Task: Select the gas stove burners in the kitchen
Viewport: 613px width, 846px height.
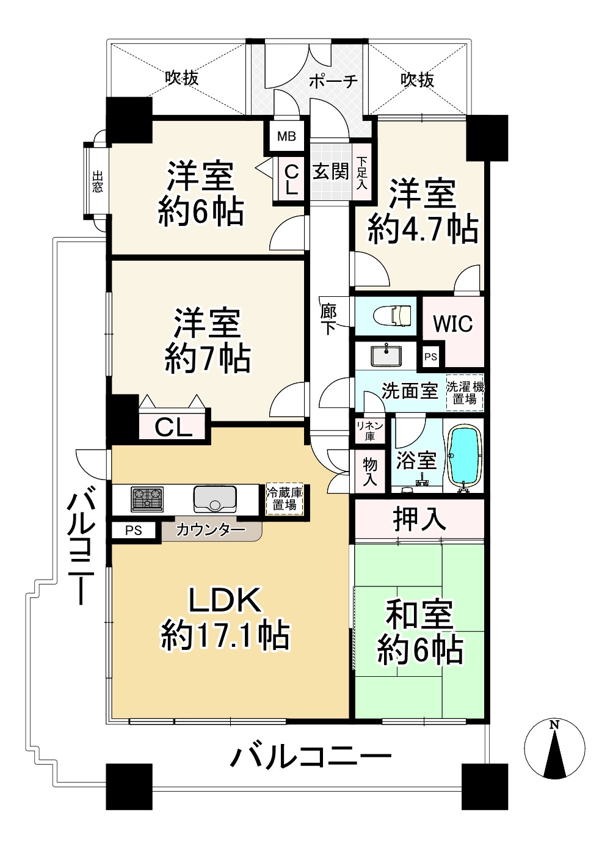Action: [x=147, y=499]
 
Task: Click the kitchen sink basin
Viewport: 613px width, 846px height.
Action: [x=215, y=498]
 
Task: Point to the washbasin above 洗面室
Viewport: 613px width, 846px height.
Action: [x=386, y=356]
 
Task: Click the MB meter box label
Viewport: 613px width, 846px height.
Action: [x=286, y=136]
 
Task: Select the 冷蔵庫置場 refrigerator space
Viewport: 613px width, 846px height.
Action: [x=285, y=499]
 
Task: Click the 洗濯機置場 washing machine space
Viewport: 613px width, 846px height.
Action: [x=465, y=393]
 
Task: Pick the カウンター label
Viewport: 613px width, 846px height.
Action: [x=211, y=530]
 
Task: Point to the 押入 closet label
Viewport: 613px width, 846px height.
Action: [x=419, y=519]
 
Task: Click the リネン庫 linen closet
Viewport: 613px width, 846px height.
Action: [x=370, y=431]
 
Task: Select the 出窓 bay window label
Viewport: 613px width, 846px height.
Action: [x=98, y=181]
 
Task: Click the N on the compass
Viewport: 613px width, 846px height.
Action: [x=554, y=724]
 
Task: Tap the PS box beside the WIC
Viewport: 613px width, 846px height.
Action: [x=430, y=357]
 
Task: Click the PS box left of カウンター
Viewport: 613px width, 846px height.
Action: [x=134, y=530]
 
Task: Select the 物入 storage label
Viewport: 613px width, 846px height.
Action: [x=370, y=472]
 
